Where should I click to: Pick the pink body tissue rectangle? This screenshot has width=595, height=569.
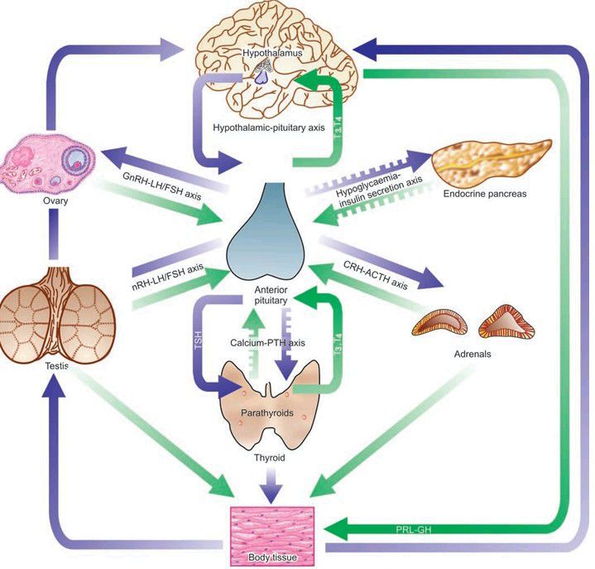coord(271,530)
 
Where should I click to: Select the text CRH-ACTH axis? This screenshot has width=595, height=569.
coord(376,274)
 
